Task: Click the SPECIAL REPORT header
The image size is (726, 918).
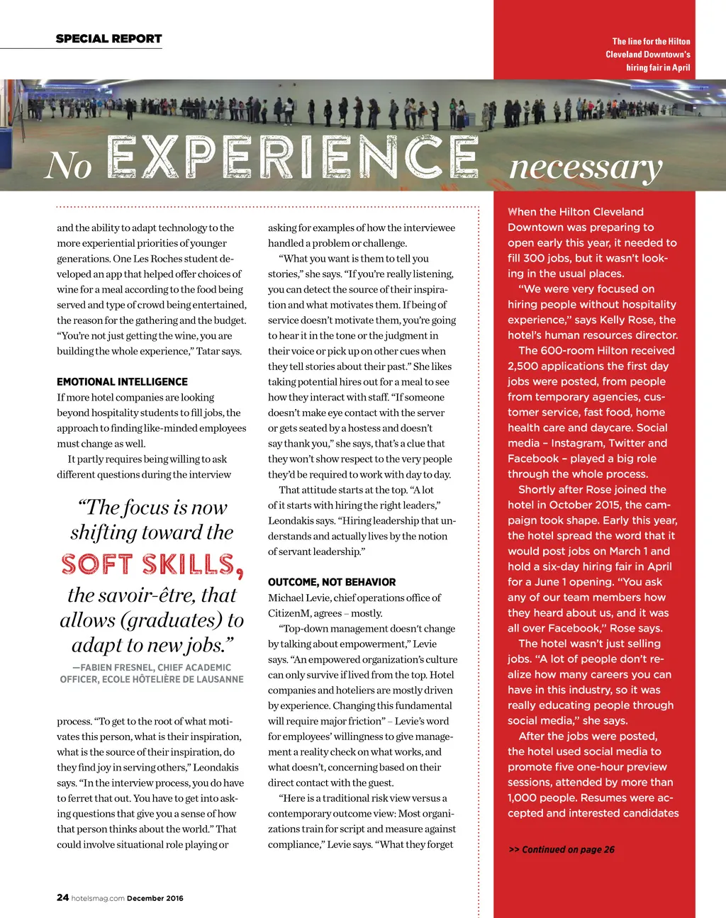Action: (x=108, y=39)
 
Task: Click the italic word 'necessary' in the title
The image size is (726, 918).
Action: (x=586, y=167)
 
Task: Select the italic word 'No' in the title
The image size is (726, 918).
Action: (x=69, y=166)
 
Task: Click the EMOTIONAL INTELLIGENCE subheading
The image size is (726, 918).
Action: (x=122, y=382)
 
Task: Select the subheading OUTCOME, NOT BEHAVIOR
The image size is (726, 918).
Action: (x=332, y=582)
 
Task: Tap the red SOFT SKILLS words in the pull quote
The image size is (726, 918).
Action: (x=152, y=565)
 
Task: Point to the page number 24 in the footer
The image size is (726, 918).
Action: (x=62, y=897)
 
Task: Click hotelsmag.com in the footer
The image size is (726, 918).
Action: (x=98, y=898)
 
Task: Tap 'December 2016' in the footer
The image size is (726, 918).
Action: (x=155, y=898)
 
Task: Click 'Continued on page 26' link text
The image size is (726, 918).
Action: (x=568, y=849)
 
